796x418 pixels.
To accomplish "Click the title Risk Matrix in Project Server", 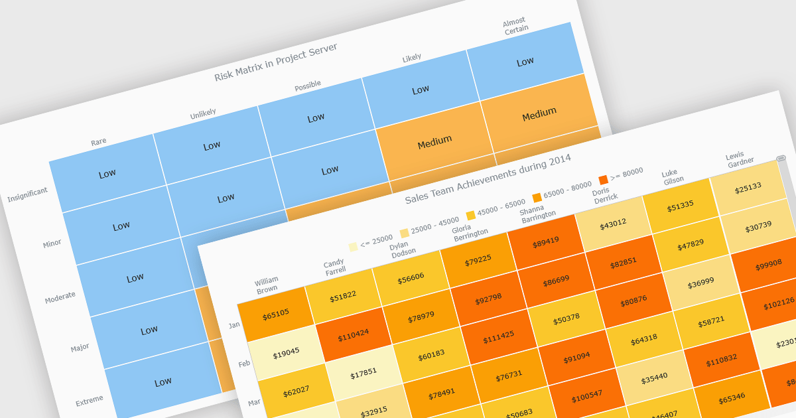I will [276, 62].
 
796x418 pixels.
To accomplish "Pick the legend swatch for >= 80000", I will [604, 180].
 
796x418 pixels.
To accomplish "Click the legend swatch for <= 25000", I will [354, 247].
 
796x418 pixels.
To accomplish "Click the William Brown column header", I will [267, 285].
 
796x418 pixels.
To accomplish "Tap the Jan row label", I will [234, 325].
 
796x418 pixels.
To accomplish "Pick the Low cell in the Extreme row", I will [163, 382].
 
